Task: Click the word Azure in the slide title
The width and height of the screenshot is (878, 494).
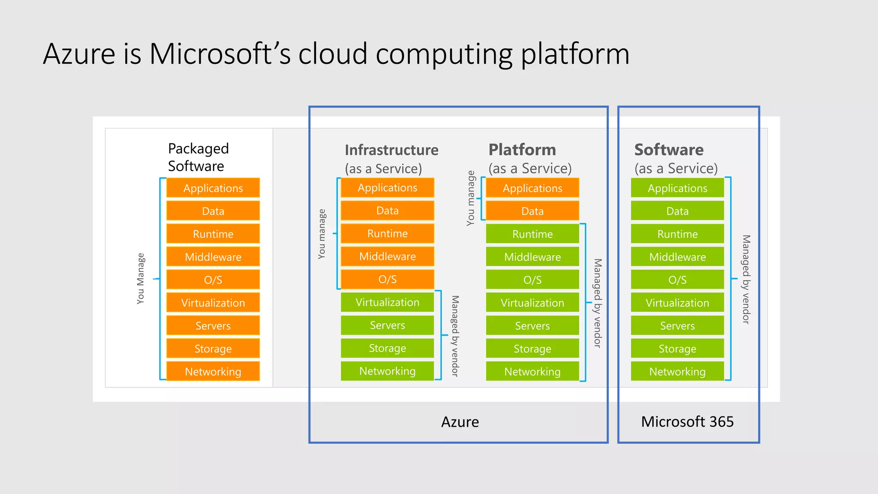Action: (79, 54)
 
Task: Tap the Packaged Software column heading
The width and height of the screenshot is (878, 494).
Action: (198, 157)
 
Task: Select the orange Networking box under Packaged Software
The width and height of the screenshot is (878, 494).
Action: (213, 371)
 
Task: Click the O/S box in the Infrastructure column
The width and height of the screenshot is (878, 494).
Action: (387, 279)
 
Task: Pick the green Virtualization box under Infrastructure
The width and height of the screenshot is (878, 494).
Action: (387, 302)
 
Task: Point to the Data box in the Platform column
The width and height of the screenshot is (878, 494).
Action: (532, 211)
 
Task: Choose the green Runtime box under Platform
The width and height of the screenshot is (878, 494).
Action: (532, 234)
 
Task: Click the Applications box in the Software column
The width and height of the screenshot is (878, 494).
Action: (677, 188)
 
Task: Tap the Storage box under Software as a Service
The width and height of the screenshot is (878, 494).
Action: (677, 349)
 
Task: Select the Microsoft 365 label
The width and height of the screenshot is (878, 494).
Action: (687, 422)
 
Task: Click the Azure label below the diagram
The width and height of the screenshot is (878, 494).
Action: (460, 422)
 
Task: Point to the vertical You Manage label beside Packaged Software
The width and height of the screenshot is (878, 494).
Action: (141, 279)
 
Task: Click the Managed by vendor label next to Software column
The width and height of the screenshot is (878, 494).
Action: (746, 279)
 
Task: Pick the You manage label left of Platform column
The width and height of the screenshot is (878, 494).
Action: (471, 198)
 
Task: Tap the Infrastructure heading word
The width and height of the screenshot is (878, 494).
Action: (391, 150)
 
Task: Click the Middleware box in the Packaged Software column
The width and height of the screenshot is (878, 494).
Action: (213, 257)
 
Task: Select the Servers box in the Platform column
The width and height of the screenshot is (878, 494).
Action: (532, 326)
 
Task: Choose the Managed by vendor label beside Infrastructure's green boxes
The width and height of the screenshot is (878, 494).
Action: (455, 336)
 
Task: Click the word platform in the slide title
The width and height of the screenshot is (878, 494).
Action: (575, 55)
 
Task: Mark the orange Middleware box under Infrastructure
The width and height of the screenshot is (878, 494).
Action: (387, 256)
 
